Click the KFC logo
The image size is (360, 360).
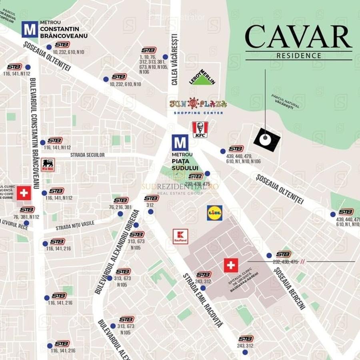click(x=200, y=130)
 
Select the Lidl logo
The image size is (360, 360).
click(x=215, y=213)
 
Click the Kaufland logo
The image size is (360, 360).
click(x=180, y=236)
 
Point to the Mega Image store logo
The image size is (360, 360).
click(x=48, y=165)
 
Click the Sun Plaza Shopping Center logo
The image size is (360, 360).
click(x=198, y=106)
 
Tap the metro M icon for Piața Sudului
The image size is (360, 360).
click(x=180, y=143)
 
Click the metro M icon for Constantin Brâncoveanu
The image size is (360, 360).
click(x=30, y=29)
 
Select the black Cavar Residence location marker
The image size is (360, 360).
click(x=266, y=140)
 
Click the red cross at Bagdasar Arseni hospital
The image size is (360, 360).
click(x=231, y=265)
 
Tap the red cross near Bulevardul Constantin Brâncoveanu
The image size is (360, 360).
click(x=24, y=193)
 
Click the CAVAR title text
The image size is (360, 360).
click(x=298, y=37)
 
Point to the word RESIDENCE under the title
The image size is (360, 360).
click(x=299, y=56)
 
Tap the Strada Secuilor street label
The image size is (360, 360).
click(x=88, y=155)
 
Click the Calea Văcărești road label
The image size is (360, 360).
click(x=174, y=59)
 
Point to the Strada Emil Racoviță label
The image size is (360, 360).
click(x=203, y=300)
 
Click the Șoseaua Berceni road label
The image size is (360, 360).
click(x=290, y=288)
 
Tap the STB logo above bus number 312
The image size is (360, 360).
click(x=152, y=198)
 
